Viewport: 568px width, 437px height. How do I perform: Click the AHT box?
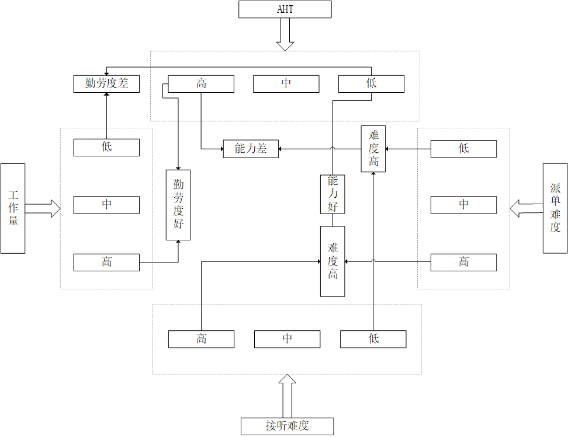point(285,9)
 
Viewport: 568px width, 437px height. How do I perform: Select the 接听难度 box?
point(287,426)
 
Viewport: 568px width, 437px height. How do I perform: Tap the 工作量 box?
point(13,208)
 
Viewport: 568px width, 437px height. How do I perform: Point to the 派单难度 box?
point(555,208)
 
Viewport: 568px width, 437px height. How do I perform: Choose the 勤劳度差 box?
point(106,83)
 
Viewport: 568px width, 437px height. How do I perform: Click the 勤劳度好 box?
point(178,205)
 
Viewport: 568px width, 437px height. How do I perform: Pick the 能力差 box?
point(251,149)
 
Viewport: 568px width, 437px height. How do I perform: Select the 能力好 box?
point(333,194)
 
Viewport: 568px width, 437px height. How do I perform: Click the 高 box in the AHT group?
point(201,84)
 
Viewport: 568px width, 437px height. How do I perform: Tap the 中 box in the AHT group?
point(286,84)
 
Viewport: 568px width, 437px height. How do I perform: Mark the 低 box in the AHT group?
point(371,84)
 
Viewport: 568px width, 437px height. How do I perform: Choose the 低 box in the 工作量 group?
point(106,148)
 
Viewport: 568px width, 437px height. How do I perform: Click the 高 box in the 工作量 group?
point(106,263)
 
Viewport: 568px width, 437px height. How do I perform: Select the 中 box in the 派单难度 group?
point(463,205)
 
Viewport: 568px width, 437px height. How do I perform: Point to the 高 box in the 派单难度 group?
point(463,263)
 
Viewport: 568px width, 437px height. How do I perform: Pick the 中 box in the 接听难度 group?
point(287,339)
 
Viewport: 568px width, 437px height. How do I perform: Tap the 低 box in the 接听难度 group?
point(373,339)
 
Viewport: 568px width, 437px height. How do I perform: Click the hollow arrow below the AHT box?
point(285,34)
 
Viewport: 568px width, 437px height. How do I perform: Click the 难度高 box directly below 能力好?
point(333,261)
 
